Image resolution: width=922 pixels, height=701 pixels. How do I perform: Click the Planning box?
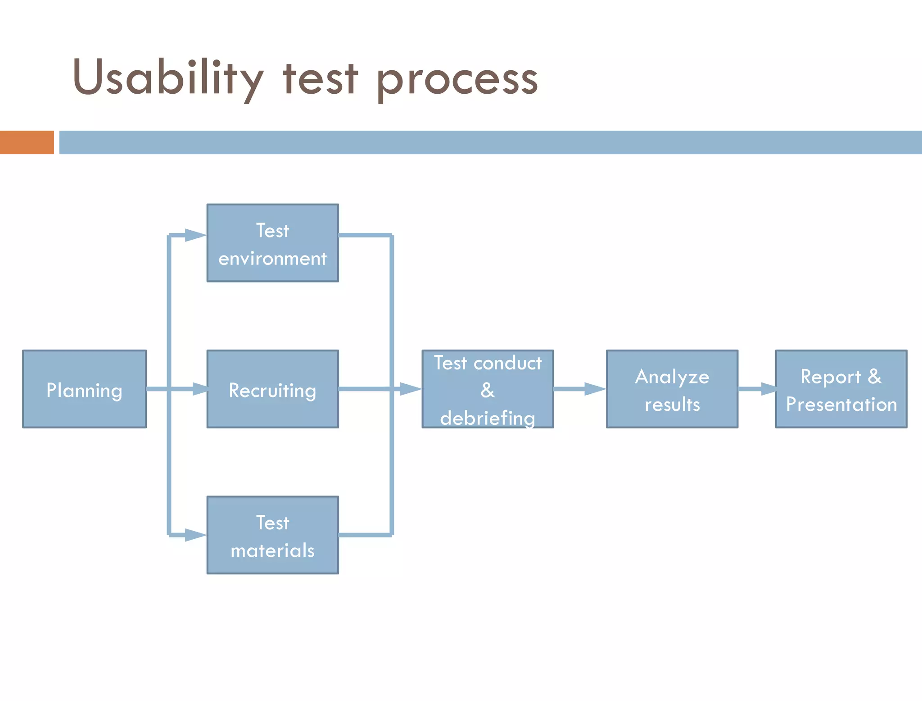click(x=84, y=389)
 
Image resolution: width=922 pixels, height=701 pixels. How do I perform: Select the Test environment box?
click(x=272, y=243)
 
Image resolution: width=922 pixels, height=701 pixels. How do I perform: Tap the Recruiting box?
click(x=272, y=389)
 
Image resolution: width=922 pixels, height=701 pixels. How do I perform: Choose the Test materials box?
click(x=272, y=535)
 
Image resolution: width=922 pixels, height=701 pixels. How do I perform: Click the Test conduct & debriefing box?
click(x=488, y=389)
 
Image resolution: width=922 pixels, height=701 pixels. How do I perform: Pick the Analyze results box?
click(x=672, y=389)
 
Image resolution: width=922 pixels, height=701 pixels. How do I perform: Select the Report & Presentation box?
click(x=841, y=389)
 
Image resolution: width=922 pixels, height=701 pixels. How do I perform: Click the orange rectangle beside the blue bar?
click(x=27, y=142)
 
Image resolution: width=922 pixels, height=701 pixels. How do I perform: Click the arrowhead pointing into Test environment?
click(x=195, y=235)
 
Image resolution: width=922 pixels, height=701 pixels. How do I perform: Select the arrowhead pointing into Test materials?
click(x=195, y=535)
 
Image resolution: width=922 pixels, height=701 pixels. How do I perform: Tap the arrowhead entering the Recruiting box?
click(x=200, y=389)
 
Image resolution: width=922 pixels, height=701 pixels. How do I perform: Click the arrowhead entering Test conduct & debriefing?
click(x=410, y=389)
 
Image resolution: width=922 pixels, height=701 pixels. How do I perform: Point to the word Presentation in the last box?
click(x=841, y=404)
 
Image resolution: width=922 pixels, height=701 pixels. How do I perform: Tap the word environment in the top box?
click(x=272, y=259)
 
